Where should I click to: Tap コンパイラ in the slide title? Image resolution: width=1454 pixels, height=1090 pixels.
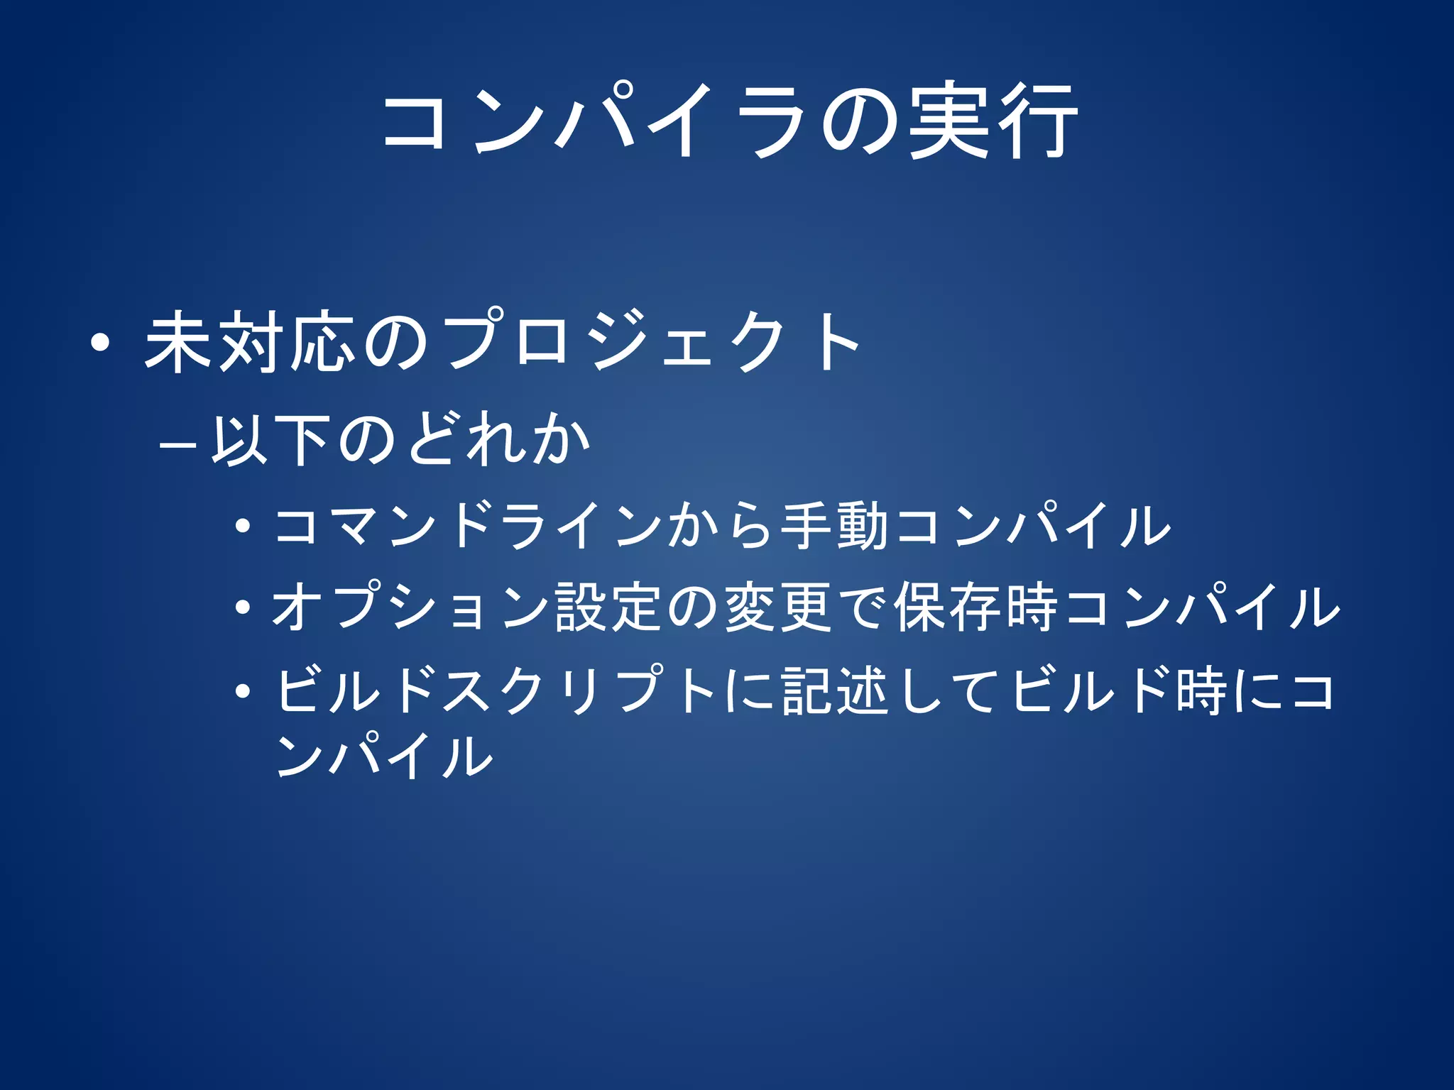pyautogui.click(x=594, y=121)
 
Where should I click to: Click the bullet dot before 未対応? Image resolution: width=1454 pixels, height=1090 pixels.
pyautogui.click(x=100, y=343)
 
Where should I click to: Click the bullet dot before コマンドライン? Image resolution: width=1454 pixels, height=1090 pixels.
pyautogui.click(x=243, y=527)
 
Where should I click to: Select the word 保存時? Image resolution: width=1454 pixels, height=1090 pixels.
pyautogui.click(x=975, y=607)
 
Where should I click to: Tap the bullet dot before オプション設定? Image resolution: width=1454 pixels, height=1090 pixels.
pyautogui.click(x=243, y=608)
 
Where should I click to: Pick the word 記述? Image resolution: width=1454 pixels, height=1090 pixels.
pyautogui.click(x=834, y=690)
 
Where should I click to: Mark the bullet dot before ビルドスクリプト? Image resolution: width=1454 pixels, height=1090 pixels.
pyautogui.click(x=243, y=690)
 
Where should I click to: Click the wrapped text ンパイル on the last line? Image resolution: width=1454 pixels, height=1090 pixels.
pyautogui.click(x=384, y=755)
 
